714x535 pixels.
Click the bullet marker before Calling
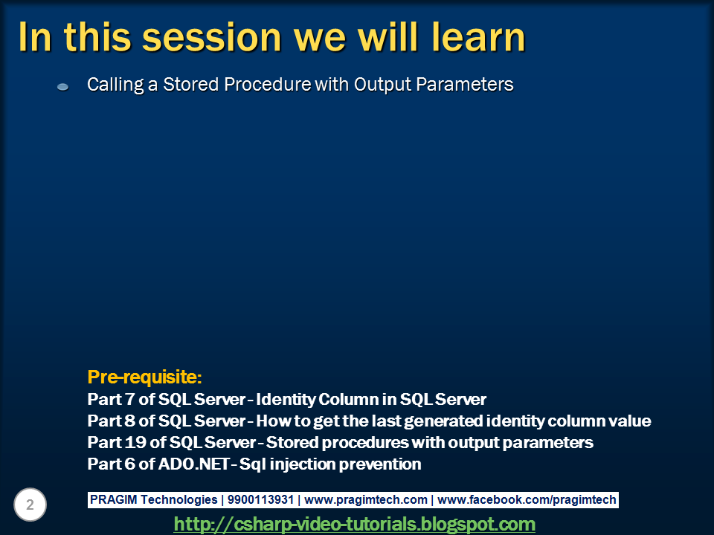pos(63,87)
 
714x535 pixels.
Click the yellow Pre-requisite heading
pos(145,375)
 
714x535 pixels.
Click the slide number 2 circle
pos(30,505)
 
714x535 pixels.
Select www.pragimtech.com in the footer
pos(366,500)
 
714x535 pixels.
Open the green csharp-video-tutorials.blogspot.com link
pos(355,524)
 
